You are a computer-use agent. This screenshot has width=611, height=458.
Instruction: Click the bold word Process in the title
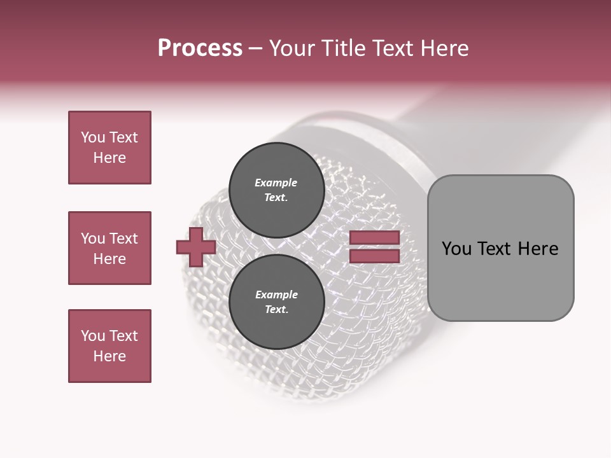coord(200,48)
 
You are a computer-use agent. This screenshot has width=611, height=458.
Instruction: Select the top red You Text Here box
coord(109,148)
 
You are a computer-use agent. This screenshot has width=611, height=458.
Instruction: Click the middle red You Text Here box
coord(109,248)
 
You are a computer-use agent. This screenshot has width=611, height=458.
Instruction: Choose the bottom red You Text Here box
coord(109,346)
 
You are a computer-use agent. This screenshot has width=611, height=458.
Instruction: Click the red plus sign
coord(196,247)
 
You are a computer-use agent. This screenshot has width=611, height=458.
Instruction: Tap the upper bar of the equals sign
coord(374,238)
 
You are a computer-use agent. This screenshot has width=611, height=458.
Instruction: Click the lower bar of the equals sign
coord(374,256)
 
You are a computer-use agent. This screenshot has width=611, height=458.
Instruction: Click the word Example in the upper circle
coord(276,183)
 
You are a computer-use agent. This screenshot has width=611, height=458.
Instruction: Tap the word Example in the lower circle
coord(276,295)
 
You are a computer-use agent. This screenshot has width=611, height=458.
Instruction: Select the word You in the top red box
coord(93,137)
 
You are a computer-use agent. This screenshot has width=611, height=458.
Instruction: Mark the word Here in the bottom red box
coord(109,356)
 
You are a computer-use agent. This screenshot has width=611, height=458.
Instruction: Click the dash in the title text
coord(256,49)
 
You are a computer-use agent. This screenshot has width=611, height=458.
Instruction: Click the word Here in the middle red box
coord(109,259)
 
